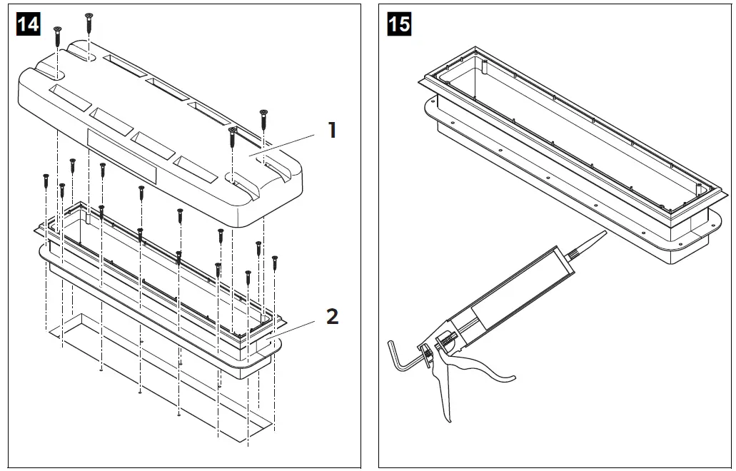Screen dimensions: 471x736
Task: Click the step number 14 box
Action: tap(29, 24)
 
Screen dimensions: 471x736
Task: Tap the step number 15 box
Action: tap(399, 24)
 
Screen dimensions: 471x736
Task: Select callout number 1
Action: tap(331, 130)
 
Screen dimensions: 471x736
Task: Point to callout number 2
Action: tap(332, 316)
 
